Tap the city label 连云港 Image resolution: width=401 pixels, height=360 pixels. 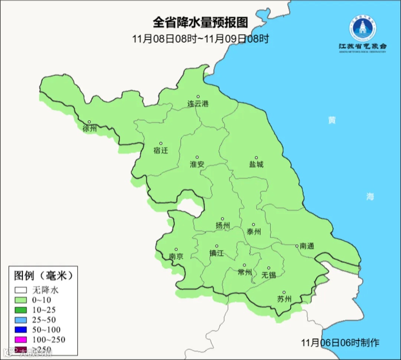pyautogui.click(x=198, y=104)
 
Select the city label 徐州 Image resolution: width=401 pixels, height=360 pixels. pyautogui.click(x=89, y=129)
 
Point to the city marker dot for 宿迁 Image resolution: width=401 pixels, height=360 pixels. pyautogui.click(x=161, y=143)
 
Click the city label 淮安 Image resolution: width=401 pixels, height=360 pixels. pyautogui.click(x=197, y=164)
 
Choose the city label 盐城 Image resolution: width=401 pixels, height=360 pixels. pyautogui.click(x=256, y=164)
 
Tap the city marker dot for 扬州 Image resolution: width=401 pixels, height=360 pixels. pyautogui.click(x=222, y=219)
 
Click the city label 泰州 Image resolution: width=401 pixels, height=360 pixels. pyautogui.click(x=254, y=232)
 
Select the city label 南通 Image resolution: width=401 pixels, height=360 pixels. pyautogui.click(x=307, y=246)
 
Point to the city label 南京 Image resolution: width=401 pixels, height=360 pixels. pyautogui.click(x=176, y=256)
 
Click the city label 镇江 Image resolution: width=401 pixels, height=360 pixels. pyautogui.click(x=216, y=253)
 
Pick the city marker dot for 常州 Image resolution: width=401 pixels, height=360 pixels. pyautogui.click(x=244, y=266)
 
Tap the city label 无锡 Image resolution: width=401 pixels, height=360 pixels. pyautogui.click(x=268, y=275)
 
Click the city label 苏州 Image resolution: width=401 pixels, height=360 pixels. pyautogui.click(x=284, y=299)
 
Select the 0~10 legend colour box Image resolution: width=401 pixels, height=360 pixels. pyautogui.click(x=21, y=300)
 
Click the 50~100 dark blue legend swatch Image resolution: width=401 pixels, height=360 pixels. pyautogui.click(x=21, y=330)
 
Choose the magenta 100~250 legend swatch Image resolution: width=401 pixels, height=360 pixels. pyautogui.click(x=21, y=340)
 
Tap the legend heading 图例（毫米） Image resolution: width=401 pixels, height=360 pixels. pyautogui.click(x=43, y=276)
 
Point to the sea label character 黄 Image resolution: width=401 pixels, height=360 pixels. pyautogui.click(x=332, y=120)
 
